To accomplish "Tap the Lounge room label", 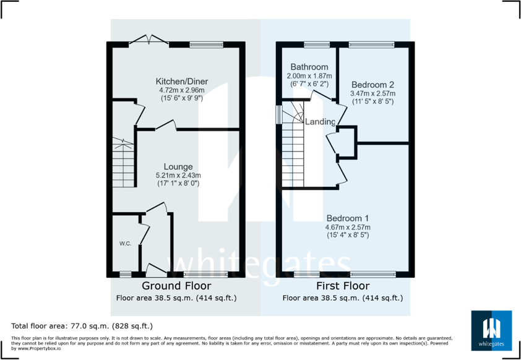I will [178, 166].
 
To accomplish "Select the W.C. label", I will [125, 244].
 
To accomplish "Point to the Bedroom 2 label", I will [372, 85].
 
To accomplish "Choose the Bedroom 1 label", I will [347, 218].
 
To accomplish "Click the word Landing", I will [320, 122].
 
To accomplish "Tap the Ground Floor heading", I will [176, 286].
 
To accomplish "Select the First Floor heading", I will [343, 286].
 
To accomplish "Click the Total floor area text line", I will [82, 325].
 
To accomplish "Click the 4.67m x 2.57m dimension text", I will [347, 227].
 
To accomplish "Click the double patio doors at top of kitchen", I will [149, 41].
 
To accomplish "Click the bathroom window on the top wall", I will [317, 44].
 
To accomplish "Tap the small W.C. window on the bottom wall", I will [126, 274].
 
